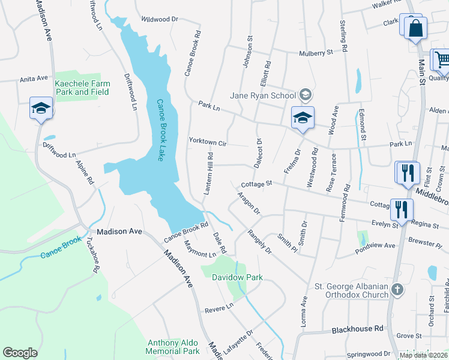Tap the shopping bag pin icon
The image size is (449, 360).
pos(415,28)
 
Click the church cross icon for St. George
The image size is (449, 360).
pos(397,290)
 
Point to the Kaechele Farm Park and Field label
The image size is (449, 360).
pos(82,88)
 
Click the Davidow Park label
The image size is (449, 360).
pos(237,277)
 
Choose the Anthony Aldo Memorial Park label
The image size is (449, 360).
pos(173,346)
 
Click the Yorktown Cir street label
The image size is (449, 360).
pos(207,143)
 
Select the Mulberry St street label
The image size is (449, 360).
pos(316,53)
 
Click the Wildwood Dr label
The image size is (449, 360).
pos(160,19)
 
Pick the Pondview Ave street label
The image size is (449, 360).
pos(377,245)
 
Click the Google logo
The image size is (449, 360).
pos(20,353)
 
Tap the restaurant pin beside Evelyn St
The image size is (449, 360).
pos(400,209)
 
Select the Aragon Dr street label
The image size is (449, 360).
pos(248,203)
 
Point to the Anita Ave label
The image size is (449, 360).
pos(33,79)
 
